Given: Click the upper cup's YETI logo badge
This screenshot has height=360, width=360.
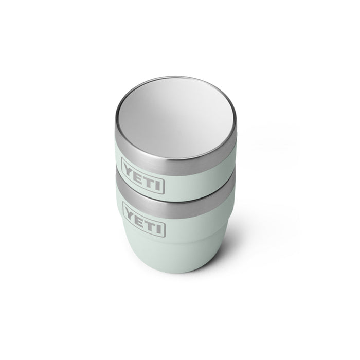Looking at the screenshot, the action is tap(143, 176).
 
